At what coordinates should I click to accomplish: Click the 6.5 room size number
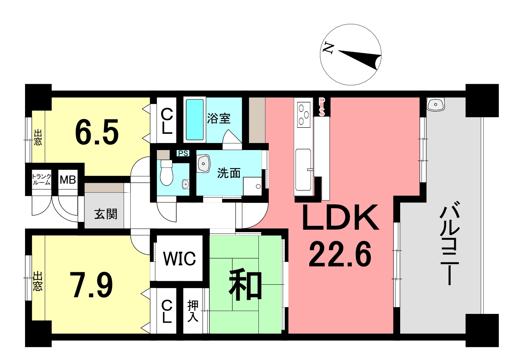pos(97,132)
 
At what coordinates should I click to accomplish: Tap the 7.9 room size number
pos(93,285)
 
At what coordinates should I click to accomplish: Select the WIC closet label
pos(179,258)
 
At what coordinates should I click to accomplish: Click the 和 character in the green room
pos(246,284)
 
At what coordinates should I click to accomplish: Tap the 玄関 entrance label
pos(106,214)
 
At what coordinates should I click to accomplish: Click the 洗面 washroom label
pos(229,173)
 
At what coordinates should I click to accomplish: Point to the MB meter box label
pos(68,180)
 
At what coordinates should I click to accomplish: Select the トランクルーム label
pos(42,179)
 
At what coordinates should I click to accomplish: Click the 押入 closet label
pos(193,311)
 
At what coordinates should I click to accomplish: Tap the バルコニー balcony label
pos(449,243)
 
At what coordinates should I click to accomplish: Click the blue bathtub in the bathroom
pos(195,120)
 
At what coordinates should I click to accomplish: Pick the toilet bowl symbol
pos(166,173)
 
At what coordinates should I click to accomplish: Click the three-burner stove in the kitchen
pos(304,115)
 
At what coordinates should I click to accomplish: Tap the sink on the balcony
pos(435,104)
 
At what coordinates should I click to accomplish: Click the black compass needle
pos(360,60)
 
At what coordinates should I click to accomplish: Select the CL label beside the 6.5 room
pos(167,121)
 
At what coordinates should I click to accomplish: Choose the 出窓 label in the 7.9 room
pos(38,281)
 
